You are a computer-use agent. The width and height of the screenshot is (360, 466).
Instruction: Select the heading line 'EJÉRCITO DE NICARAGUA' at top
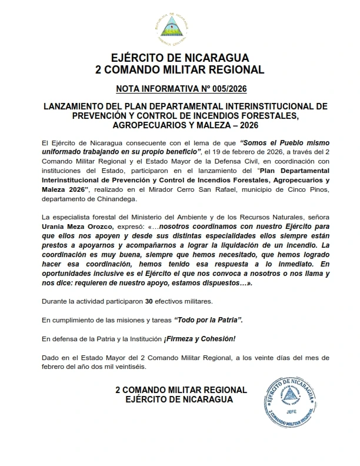pyautogui.click(x=179, y=58)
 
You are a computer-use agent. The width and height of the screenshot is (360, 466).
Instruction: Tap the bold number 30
pyautogui.click(x=149, y=301)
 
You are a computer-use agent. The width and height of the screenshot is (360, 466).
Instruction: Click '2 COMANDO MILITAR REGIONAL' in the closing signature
pyautogui.click(x=181, y=390)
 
